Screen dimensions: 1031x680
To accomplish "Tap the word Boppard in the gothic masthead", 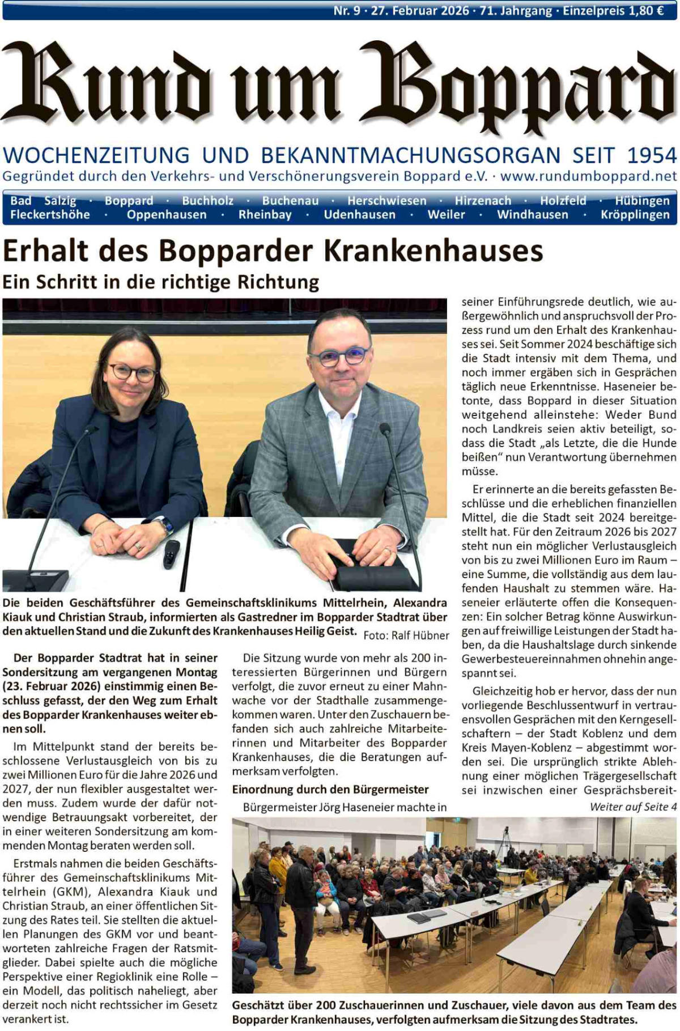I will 518,85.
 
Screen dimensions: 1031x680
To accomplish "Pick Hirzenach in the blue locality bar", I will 483,201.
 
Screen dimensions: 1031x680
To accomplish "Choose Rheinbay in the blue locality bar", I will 265,215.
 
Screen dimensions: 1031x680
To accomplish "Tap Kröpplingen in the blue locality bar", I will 635,215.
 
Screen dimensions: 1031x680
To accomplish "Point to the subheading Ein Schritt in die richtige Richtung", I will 161,282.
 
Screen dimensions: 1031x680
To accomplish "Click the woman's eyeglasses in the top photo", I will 132,372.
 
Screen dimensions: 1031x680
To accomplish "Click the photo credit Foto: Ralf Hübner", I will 406,635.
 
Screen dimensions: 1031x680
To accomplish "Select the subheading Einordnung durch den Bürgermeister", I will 330,790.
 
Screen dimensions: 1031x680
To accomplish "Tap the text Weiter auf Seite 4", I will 633,807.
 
